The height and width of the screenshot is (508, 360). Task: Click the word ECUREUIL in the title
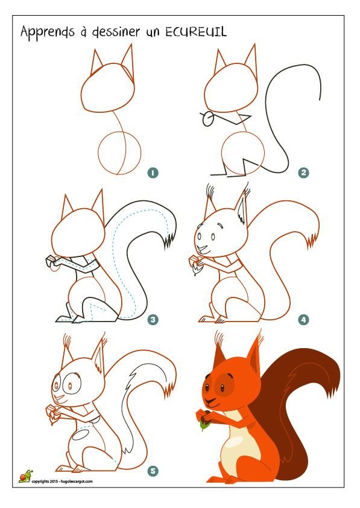(196, 32)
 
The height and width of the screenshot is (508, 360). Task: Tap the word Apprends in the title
(47, 33)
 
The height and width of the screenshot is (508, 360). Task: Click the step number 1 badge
(153, 173)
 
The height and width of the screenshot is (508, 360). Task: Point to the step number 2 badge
(303, 173)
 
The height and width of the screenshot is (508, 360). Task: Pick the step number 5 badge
(153, 471)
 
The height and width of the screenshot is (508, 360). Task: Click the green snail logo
(26, 476)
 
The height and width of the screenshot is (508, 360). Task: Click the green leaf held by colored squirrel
(204, 426)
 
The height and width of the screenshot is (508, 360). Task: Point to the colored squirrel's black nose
(206, 387)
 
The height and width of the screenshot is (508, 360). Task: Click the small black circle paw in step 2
(208, 119)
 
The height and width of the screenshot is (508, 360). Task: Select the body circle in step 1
(99, 153)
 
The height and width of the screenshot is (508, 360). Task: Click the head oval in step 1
(81, 90)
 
